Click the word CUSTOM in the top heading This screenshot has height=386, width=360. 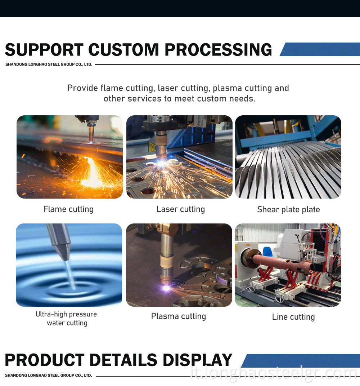124,50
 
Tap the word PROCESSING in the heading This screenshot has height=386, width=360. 219,50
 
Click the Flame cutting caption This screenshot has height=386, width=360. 69,209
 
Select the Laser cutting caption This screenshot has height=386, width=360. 181,209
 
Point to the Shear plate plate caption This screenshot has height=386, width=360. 288,209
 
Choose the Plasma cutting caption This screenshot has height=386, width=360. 179,316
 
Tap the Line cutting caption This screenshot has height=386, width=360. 293,317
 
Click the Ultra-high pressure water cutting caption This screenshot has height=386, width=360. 66,319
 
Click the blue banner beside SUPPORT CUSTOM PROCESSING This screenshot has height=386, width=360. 320,49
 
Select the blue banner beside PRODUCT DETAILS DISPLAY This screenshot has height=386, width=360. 301,361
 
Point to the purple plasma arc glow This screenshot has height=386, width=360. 166,288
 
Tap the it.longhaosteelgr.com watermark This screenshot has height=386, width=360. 274,373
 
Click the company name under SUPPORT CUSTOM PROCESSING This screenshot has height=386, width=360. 49,65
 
